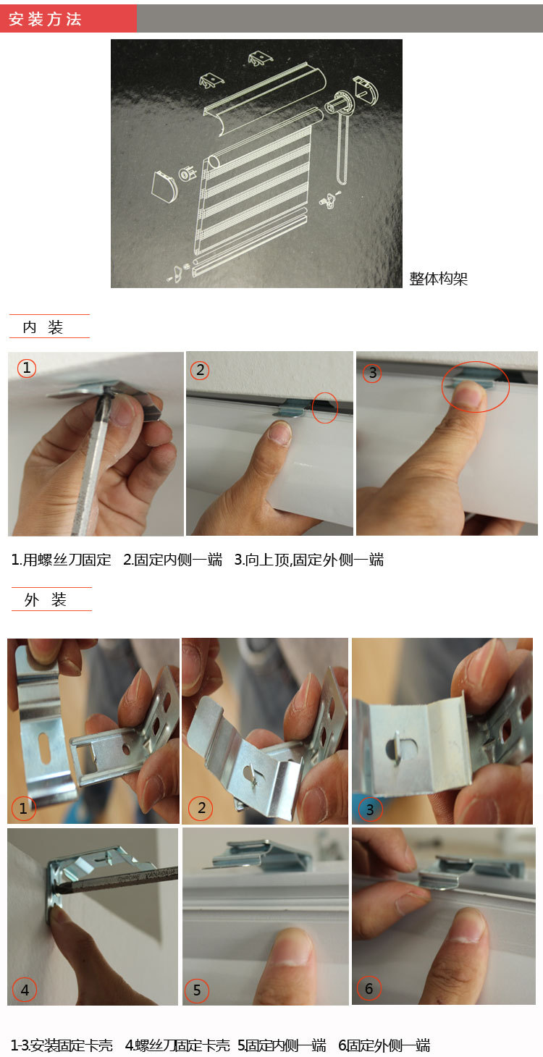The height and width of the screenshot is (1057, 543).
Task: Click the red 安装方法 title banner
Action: coord(68,19)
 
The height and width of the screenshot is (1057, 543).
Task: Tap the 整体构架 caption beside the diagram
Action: coord(438,279)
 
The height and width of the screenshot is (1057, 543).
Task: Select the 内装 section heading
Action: coord(43,327)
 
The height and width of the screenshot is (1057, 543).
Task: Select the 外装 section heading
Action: coord(46,599)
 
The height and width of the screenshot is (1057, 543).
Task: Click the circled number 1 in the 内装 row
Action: coord(26,368)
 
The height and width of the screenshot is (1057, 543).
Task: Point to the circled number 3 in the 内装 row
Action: coord(372,373)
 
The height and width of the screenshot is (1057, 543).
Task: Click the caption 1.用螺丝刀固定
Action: coord(62,560)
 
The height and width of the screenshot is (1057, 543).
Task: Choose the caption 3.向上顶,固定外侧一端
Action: coord(309,560)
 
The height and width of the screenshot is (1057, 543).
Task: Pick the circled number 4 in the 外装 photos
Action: coord(25,990)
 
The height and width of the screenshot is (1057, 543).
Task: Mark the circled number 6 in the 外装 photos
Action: coord(369,987)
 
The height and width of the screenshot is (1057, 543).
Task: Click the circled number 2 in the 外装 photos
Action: coord(201,808)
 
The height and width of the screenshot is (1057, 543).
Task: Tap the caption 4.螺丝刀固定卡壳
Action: coord(177,1045)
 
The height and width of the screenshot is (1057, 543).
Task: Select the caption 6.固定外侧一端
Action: coord(384,1045)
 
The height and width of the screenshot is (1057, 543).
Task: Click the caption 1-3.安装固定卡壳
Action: coord(62,1045)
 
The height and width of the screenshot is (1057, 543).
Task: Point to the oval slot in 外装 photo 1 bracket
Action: coord(44,748)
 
